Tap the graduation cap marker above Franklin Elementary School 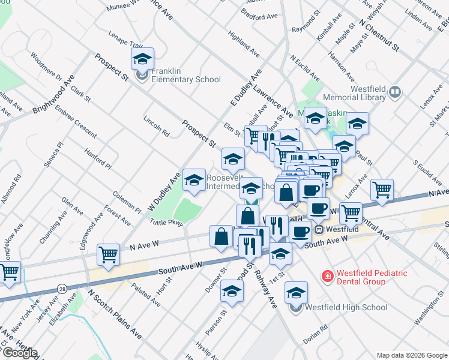coord(142,59)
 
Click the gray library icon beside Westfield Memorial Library coord(394,92)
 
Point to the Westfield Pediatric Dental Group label coord(372,277)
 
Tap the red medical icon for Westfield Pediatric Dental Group coord(328,277)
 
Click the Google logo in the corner coord(19,352)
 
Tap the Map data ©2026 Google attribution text coord(411,355)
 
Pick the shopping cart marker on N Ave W coord(108,254)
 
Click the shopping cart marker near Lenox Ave coord(382,190)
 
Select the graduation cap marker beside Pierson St coord(232,291)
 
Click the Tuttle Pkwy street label coord(166,223)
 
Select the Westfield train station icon coord(319,229)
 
